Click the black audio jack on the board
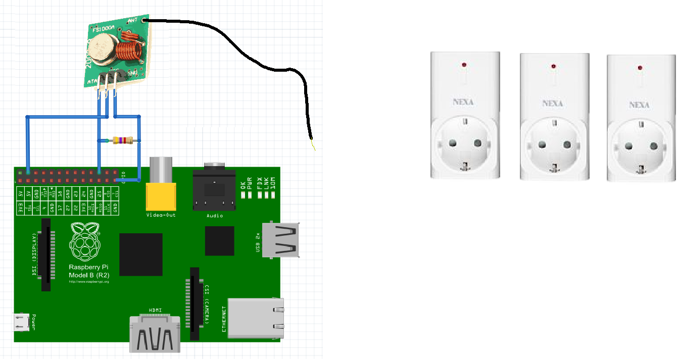click(x=214, y=191)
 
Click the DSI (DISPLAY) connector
click(x=45, y=255)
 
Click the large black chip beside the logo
click(x=141, y=254)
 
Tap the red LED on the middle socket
click(x=554, y=66)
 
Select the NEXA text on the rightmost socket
click(x=640, y=105)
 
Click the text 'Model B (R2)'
click(x=89, y=275)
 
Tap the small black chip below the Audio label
click(x=220, y=241)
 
